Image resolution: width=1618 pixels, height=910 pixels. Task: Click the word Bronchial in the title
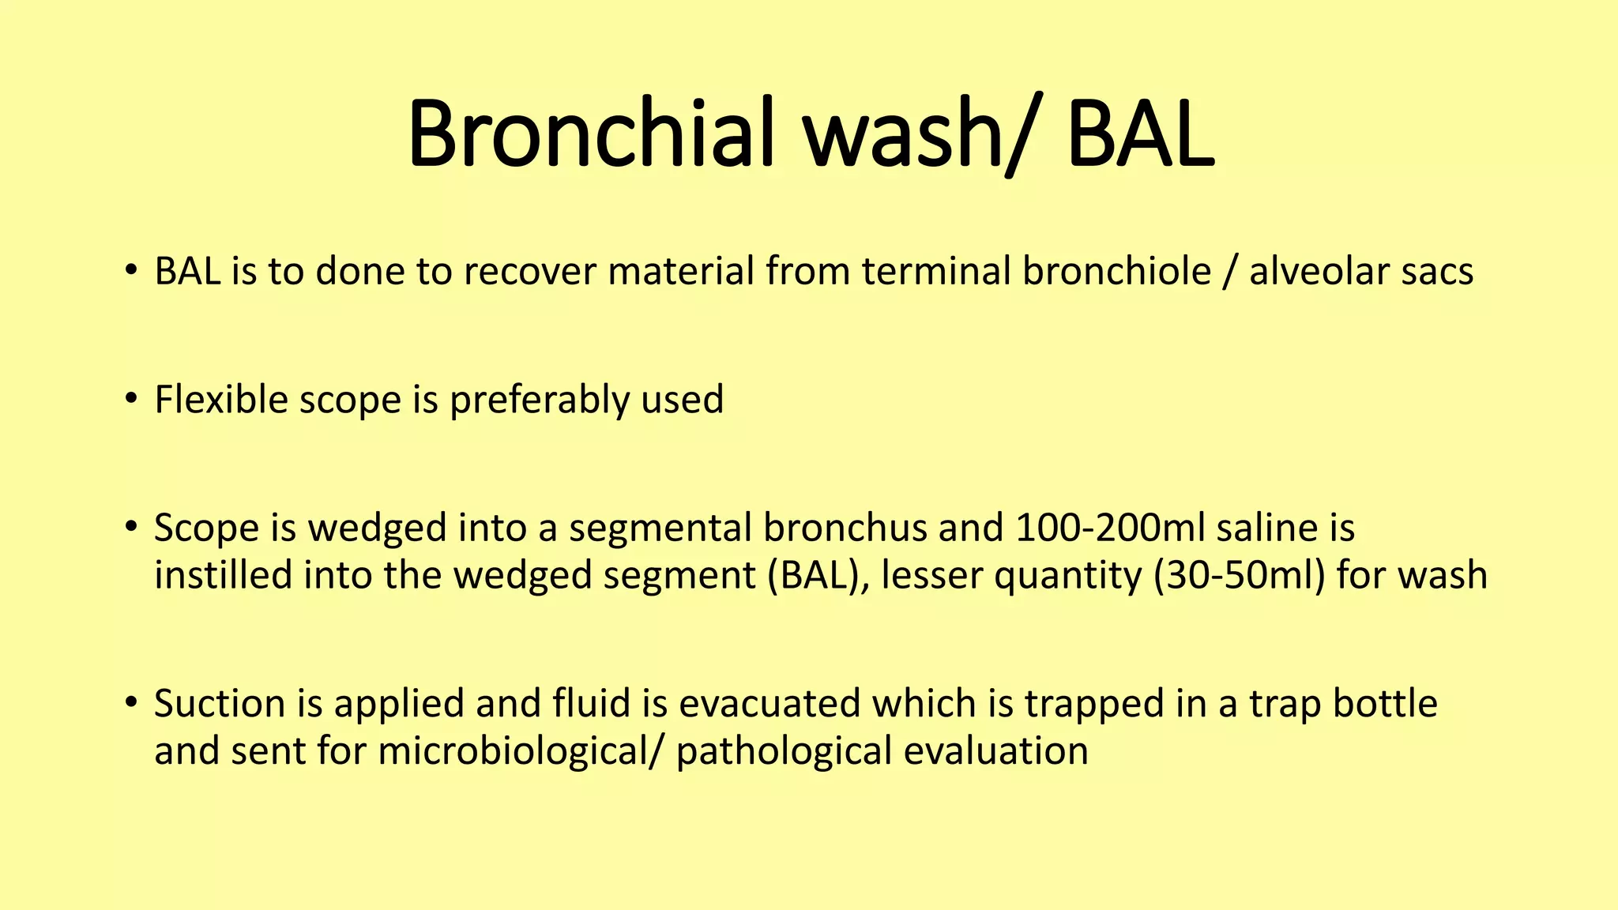tap(589, 133)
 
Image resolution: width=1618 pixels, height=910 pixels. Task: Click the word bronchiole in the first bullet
tap(1116, 271)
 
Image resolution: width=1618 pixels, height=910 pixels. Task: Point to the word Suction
tap(220, 703)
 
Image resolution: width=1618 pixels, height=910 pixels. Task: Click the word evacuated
tap(769, 703)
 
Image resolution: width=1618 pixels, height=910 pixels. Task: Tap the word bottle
tap(1385, 703)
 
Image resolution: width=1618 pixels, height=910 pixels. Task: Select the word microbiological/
tap(520, 750)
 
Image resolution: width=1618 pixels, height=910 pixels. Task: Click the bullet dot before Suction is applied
tap(131, 701)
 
